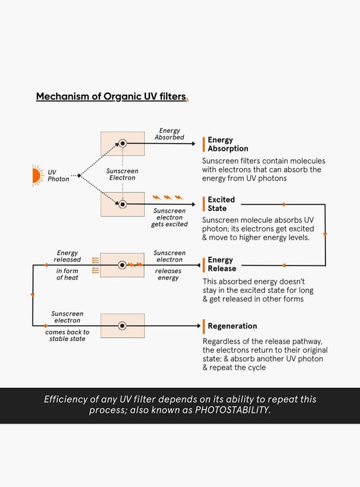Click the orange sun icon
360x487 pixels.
tap(37, 176)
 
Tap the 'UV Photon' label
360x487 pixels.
tap(58, 176)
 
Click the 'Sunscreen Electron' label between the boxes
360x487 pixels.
tap(122, 174)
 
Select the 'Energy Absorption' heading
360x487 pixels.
tap(228, 144)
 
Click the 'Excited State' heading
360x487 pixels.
tap(221, 204)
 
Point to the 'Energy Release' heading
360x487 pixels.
tap(222, 264)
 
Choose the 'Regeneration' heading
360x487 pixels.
tap(233, 326)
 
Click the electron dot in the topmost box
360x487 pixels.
tap(123, 143)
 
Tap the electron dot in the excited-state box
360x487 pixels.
tap(123, 204)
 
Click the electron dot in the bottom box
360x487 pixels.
tap(122, 326)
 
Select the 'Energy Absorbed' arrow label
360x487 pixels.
tap(169, 134)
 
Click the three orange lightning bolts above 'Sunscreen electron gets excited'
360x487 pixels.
tap(168, 197)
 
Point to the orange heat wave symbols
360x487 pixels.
tap(95, 266)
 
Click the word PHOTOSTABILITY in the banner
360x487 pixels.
tap(233, 410)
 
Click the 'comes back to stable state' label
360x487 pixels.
tap(67, 336)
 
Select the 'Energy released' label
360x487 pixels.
tap(67, 256)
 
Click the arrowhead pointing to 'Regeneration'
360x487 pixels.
tap(199, 326)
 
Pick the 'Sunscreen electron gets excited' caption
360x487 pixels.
tap(169, 217)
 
